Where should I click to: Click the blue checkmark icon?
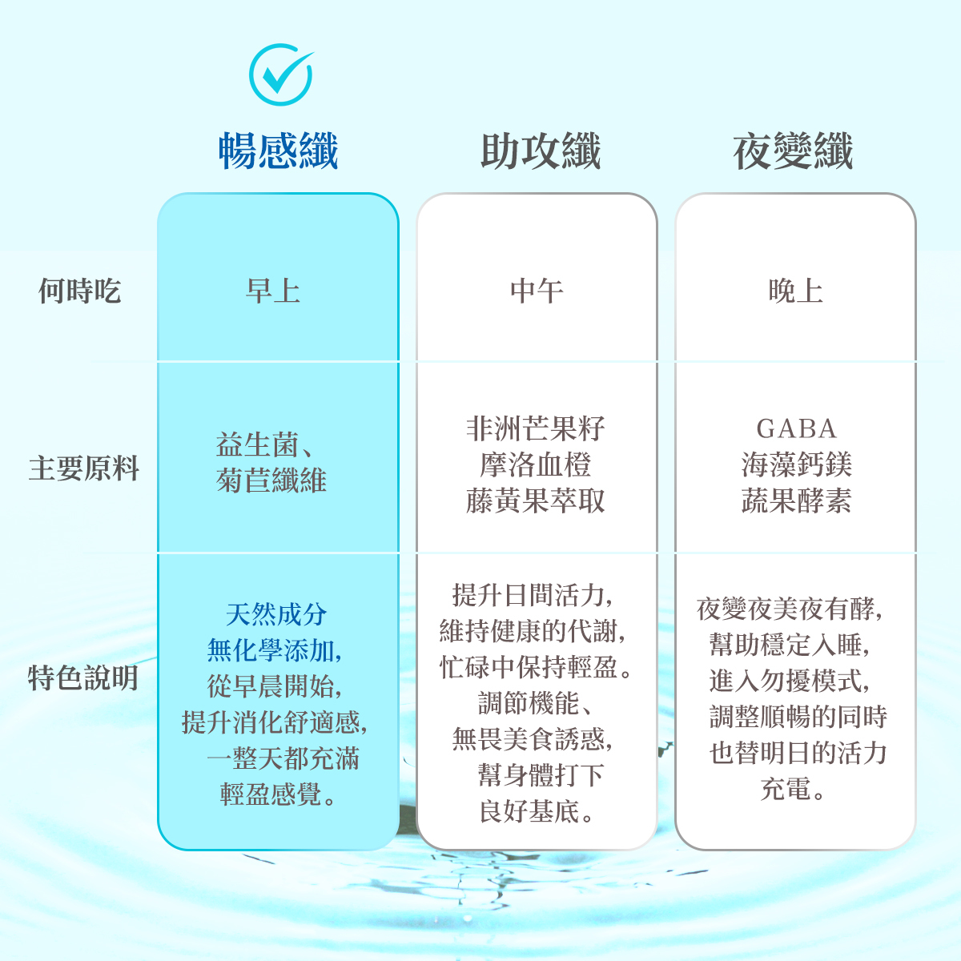(x=280, y=74)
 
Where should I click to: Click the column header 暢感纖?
(x=279, y=151)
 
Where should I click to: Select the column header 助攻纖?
(x=541, y=151)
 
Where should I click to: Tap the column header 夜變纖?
(x=793, y=151)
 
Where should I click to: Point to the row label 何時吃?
(x=79, y=291)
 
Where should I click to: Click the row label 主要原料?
(x=84, y=468)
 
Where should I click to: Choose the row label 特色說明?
(x=83, y=678)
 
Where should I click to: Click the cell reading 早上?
(x=273, y=291)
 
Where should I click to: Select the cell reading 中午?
(x=537, y=291)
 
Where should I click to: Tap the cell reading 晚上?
(x=795, y=291)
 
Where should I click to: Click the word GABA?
(x=796, y=429)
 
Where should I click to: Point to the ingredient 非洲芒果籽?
(x=536, y=429)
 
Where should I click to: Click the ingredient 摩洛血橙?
(x=536, y=465)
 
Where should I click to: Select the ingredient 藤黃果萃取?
(x=536, y=501)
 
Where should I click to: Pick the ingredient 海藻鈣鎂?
(x=796, y=465)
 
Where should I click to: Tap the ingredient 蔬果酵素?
(x=796, y=501)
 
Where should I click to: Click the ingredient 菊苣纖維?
(x=271, y=480)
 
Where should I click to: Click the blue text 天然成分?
(x=276, y=615)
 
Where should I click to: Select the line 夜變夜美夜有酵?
(x=790, y=609)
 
